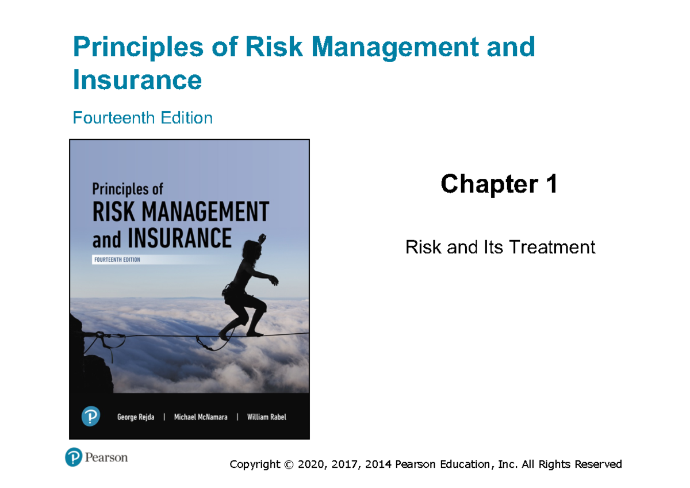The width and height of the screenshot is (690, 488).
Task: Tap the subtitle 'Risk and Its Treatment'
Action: point(500,247)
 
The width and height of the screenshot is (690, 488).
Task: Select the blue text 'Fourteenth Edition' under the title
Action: point(143,118)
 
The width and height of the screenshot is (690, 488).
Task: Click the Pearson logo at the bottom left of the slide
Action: point(96,457)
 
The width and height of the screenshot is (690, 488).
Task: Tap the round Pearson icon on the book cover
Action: point(91,416)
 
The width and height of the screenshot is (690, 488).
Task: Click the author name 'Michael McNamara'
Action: point(200,417)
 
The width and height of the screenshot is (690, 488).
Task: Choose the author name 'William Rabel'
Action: point(266,417)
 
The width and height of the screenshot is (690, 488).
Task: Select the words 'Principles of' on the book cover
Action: point(128,189)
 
